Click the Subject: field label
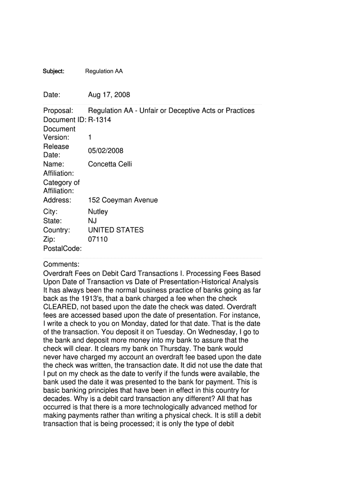tap(53, 71)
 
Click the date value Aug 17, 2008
tap(109, 95)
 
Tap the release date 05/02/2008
tap(106, 151)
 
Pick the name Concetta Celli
tap(110, 164)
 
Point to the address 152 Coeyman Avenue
tap(122, 200)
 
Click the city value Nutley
tap(98, 212)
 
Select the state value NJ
tap(93, 221)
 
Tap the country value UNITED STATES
tap(115, 230)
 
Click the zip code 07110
tap(98, 239)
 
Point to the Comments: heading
tap(61, 264)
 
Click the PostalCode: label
tap(62, 248)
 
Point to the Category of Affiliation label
tap(61, 187)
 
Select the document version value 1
tap(90, 138)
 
